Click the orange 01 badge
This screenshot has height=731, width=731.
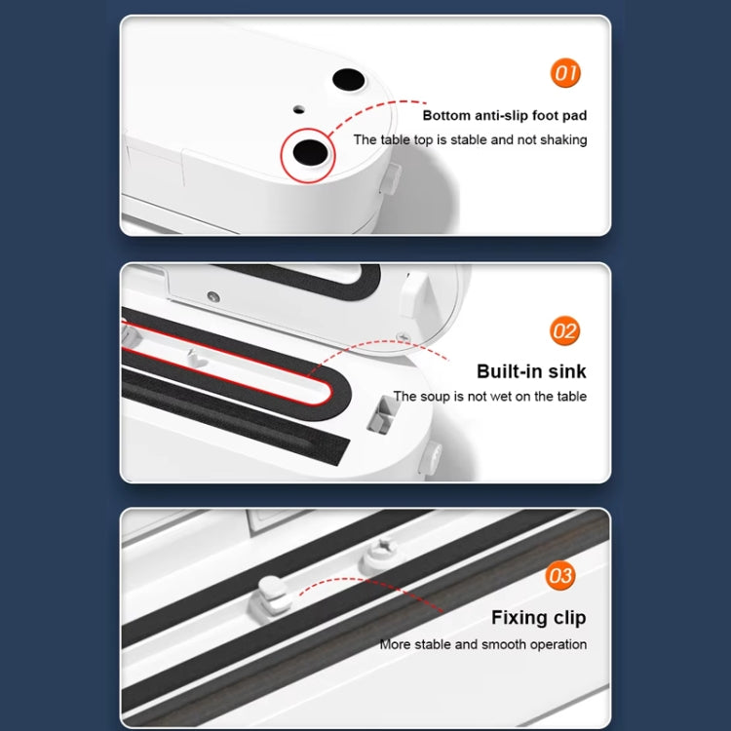tap(565, 73)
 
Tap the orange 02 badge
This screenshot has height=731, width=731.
tap(564, 331)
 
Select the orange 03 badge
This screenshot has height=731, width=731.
tap(559, 575)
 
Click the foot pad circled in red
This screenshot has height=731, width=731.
tap(310, 152)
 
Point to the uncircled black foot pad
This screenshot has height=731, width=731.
tap(349, 80)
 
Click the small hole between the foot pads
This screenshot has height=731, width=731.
tap(299, 110)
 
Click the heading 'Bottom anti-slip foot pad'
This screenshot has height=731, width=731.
tap(505, 116)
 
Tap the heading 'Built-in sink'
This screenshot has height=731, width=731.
tap(531, 371)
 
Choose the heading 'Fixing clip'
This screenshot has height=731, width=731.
tap(538, 618)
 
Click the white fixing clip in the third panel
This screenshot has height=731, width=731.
tap(274, 597)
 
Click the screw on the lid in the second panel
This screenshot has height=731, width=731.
tap(213, 296)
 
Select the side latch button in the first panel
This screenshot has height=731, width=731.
tap(391, 178)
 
